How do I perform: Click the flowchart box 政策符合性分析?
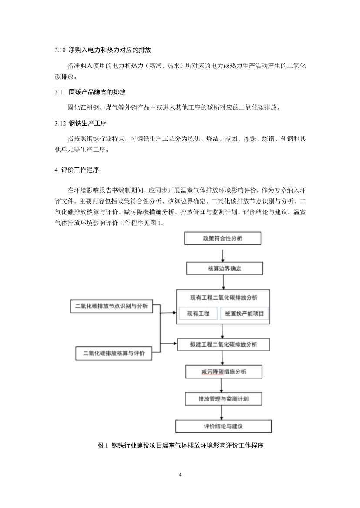pos(223,239)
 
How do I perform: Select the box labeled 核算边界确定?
pos(225,268)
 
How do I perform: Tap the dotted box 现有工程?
pos(198,313)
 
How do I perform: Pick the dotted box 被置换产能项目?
pos(245,313)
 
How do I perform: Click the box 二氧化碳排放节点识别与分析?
pos(112,306)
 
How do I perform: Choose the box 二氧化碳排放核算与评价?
pos(114,353)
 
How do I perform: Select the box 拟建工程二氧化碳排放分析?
pos(224,344)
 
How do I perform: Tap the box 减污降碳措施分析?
pos(224,372)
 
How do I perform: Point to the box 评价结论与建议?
pos(223,426)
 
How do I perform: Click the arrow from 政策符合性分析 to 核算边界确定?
pos(223,254)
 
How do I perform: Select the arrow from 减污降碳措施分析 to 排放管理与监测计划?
pos(222,385)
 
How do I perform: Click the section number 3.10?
pos(60,50)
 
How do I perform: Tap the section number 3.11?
pos(60,92)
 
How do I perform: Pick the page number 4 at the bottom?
pos(180,474)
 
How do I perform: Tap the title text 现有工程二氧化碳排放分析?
pos(224,298)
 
